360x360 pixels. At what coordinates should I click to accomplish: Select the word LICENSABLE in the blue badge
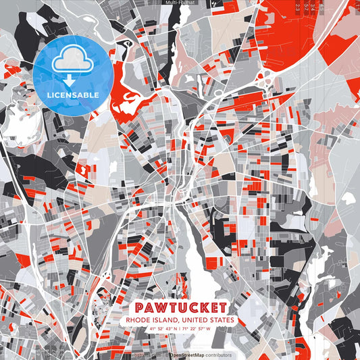pyautogui.click(x=73, y=95)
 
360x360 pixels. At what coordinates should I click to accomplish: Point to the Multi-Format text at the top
pyautogui.click(x=179, y=3)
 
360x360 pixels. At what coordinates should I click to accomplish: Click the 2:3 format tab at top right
pyautogui.click(x=298, y=7)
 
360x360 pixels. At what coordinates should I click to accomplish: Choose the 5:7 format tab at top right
pyautogui.click(x=306, y=7)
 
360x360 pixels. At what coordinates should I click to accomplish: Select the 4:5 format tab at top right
pyautogui.click(x=322, y=7)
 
